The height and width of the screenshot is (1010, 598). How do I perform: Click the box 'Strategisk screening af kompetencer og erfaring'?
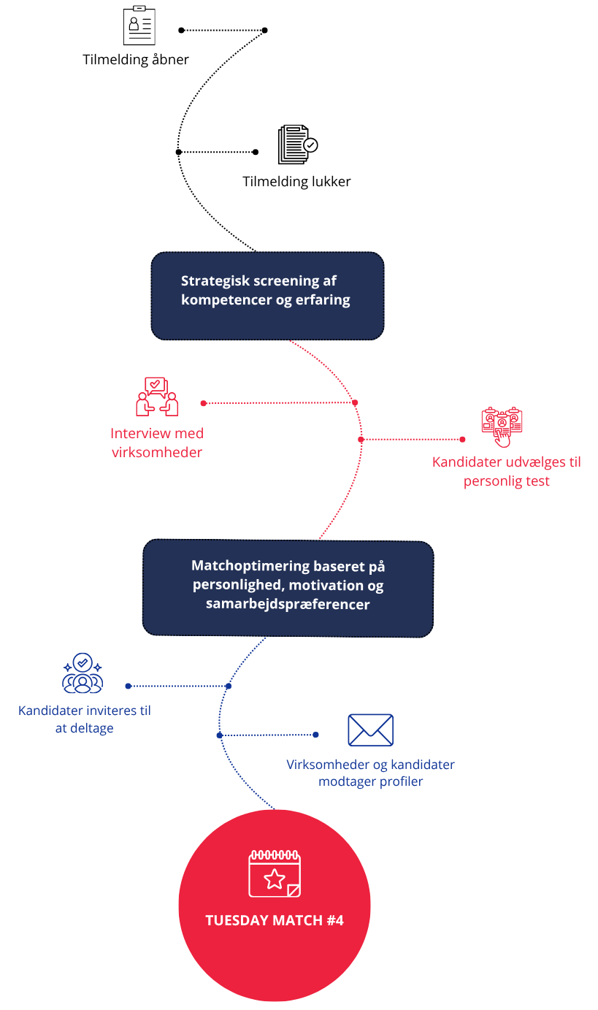click(x=267, y=296)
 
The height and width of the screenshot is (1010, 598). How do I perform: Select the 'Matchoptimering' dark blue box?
click(x=288, y=588)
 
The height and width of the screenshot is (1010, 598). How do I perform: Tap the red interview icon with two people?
click(x=156, y=396)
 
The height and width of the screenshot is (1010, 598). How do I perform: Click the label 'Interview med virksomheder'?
click(x=157, y=443)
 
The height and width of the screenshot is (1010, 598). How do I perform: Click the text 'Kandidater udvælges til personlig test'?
click(x=507, y=472)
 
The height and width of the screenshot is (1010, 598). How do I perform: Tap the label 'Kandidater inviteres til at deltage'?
click(x=85, y=719)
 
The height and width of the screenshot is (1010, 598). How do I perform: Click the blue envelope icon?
click(x=371, y=730)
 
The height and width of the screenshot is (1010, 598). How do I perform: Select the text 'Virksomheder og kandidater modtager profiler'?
click(x=370, y=773)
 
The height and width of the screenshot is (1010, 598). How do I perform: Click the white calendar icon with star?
click(x=275, y=873)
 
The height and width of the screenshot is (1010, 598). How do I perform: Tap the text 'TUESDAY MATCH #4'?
click(x=275, y=920)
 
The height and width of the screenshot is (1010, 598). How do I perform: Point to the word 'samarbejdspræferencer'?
click(x=288, y=605)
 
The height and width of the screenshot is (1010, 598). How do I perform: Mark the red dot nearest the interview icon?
click(x=204, y=403)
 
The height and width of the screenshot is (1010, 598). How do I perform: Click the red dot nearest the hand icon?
click(x=462, y=440)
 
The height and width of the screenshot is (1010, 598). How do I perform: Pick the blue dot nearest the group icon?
click(x=129, y=686)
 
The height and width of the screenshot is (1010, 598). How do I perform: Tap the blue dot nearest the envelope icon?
click(x=315, y=735)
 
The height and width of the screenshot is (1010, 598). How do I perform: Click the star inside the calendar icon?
click(x=275, y=879)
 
